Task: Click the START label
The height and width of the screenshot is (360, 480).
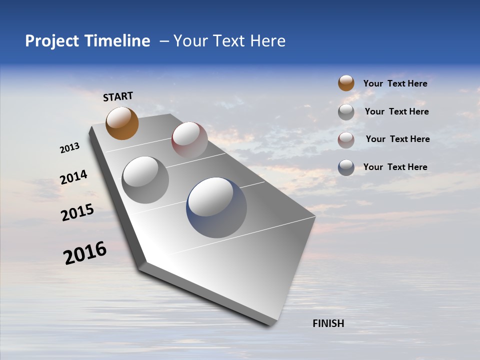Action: [118, 96]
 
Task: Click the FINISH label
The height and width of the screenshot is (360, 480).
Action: [328, 323]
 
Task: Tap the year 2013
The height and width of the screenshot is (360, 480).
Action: [69, 148]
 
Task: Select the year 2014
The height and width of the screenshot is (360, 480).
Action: [73, 177]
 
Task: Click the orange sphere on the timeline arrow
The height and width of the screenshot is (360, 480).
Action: [122, 123]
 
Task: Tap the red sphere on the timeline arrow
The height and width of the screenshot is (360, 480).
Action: [189, 139]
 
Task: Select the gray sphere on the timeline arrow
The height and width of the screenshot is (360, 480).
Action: [145, 179]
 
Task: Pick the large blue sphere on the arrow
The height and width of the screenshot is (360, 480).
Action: [216, 207]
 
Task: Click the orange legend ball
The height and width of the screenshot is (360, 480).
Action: [346, 83]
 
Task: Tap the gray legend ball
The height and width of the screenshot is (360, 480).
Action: [346, 112]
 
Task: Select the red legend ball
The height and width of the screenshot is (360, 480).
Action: [346, 139]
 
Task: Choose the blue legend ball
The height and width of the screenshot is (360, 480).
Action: [346, 167]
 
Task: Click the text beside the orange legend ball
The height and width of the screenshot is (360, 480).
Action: [395, 83]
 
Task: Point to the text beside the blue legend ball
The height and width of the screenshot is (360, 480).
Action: [395, 167]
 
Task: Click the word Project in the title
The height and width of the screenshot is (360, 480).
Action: [51, 41]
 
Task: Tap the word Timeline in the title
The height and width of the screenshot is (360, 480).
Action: [118, 41]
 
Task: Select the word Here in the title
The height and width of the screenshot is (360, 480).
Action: [267, 41]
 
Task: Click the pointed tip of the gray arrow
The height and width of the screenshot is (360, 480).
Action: [272, 324]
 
